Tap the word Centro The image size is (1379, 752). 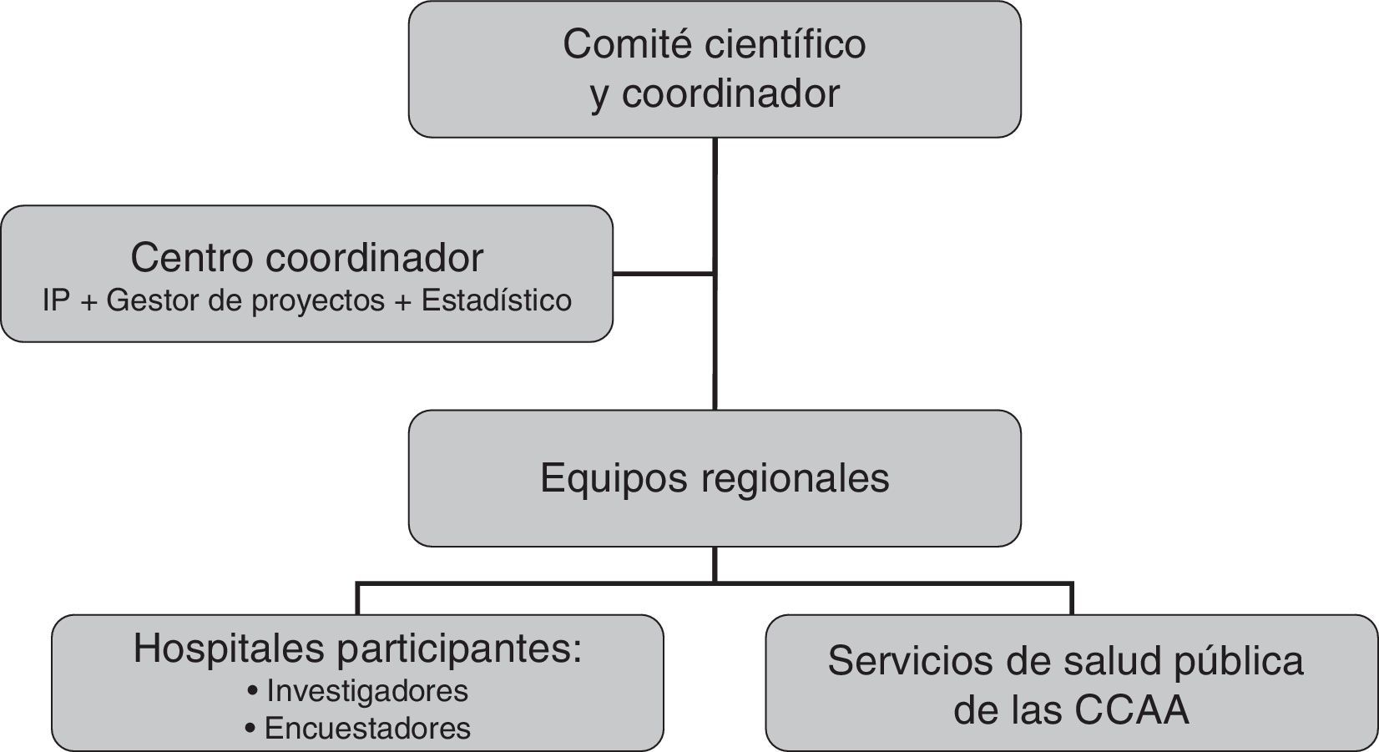pyautogui.click(x=191, y=258)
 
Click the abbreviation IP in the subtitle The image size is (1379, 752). pyautogui.click(x=56, y=300)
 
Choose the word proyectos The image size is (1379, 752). pyautogui.click(x=318, y=301)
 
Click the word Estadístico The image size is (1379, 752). pyautogui.click(x=497, y=300)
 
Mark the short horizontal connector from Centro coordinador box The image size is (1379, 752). pyautogui.click(x=664, y=273)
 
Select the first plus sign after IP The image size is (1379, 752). pyautogui.click(x=88, y=301)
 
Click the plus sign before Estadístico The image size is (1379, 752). pyautogui.click(x=402, y=301)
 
